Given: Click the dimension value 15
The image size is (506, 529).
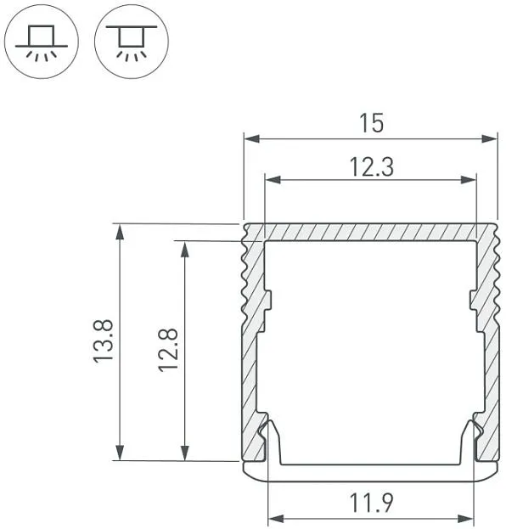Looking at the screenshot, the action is tap(371, 123).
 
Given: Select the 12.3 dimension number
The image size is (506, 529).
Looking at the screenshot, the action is tap(371, 167).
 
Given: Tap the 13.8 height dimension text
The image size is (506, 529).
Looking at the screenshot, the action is tap(104, 341).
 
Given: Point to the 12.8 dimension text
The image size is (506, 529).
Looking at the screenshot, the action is tap(168, 350).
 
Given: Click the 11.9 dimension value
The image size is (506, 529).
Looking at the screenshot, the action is tap(371, 503).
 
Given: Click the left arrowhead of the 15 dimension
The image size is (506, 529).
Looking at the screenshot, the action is tap(252, 138).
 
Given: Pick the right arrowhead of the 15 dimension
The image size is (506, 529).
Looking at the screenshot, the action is tap(490, 138).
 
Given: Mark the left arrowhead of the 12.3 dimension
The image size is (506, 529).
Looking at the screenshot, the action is tap(273, 179).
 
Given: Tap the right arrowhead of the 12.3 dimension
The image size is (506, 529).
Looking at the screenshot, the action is tap(468, 179).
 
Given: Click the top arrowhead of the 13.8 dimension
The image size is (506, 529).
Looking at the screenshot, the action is tap(120, 232).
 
